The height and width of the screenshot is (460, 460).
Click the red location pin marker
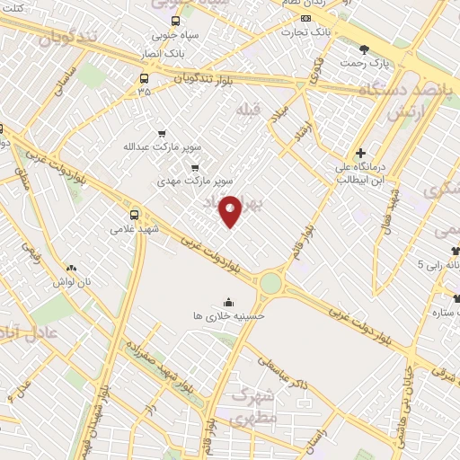(230, 210)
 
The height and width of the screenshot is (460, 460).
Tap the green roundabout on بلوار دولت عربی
(270, 285)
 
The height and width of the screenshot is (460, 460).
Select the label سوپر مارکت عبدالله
(162, 146)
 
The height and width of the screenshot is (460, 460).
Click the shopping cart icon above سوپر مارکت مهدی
(194, 167)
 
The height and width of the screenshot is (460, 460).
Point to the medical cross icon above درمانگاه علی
(360, 154)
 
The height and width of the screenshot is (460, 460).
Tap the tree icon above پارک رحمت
(364, 50)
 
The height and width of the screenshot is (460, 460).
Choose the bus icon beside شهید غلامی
(135, 215)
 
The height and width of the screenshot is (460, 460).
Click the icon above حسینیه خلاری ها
(229, 302)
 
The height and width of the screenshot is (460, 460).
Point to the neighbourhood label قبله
(247, 110)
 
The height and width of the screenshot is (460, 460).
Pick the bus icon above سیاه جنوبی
(175, 22)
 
